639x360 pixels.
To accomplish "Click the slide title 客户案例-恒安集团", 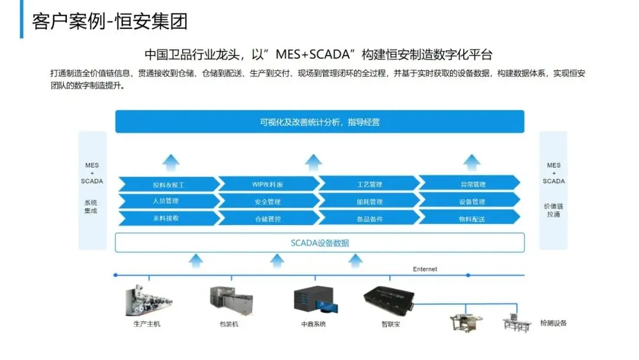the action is pos(110,21).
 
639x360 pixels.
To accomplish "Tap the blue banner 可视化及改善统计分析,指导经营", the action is pos(319,122).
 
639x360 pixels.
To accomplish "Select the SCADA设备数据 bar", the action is pos(319,243).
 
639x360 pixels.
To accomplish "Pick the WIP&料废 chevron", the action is pos(267,185).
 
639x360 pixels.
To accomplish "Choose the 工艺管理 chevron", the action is pos(369,185).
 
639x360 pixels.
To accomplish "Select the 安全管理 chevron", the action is pos(267,202).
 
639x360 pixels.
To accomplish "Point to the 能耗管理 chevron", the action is pos(369,202).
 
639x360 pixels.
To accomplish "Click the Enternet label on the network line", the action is pos(425,269).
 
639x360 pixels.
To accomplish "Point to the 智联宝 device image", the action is pos(389,298).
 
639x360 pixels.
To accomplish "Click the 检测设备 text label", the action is pos(553,323).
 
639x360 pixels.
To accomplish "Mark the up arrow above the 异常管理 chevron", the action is pos(472,162).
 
